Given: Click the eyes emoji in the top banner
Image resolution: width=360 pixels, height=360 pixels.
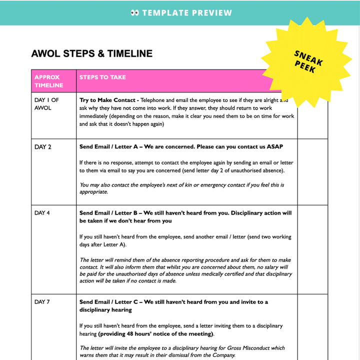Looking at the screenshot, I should coord(134,12).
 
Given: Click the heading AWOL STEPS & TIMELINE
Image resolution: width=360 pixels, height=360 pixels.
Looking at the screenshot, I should coord(91,53).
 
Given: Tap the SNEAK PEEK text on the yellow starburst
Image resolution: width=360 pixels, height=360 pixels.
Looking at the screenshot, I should coord(308,62).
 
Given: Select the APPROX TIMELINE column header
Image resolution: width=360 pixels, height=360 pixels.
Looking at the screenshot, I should coord(47,81).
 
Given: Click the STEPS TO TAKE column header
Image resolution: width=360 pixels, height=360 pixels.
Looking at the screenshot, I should coord(102,77).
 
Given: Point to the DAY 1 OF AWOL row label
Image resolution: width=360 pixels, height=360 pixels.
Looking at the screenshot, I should coord(46,103).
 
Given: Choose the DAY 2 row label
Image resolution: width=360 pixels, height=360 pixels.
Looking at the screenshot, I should coord(43,147).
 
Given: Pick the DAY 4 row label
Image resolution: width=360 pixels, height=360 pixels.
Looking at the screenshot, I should coord(42,213).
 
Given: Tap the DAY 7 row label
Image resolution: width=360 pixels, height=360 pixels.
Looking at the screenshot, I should coord(42,302).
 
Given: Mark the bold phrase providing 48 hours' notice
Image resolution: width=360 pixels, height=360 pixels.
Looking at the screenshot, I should coord(155,334).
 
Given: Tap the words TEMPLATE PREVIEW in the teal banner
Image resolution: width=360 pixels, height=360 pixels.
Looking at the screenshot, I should coord(187,12).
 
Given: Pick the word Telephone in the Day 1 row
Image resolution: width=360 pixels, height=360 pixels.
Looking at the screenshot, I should coord(156,100).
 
